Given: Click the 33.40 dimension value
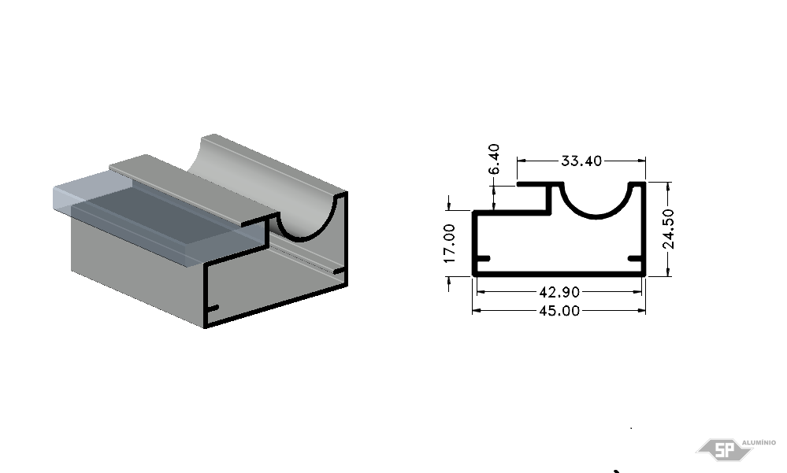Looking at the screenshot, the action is (x=581, y=161).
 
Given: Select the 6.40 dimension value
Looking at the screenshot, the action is (x=494, y=159).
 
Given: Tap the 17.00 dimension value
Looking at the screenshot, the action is (x=449, y=243).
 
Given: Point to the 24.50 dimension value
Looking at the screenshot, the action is (x=668, y=229).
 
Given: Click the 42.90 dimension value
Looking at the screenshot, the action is (x=559, y=291).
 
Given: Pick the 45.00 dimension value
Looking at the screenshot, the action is (x=559, y=311).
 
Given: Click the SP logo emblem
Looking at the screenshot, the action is (x=724, y=449).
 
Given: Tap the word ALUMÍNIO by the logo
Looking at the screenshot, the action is (x=759, y=442).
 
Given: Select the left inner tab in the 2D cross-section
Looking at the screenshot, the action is (x=482, y=259).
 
